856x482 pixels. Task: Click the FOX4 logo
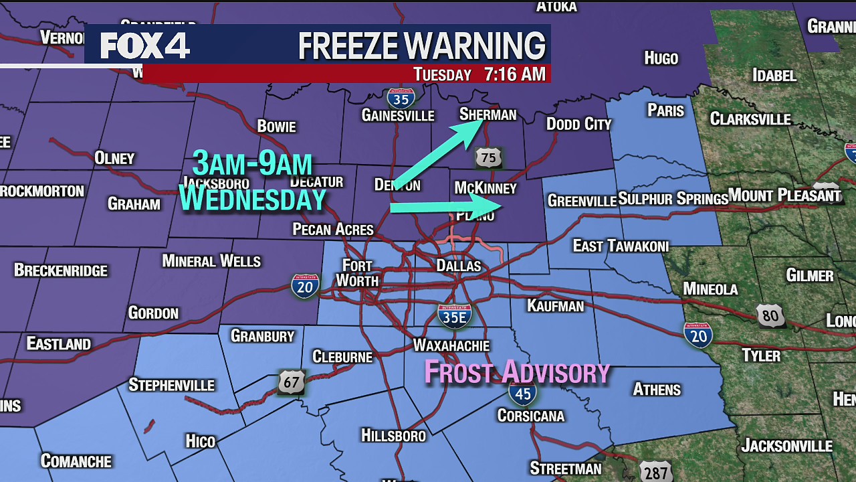pos(145,46)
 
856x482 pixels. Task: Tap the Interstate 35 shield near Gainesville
pos(401,98)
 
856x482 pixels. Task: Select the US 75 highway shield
pos(488,158)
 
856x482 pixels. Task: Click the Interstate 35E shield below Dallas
pos(455,315)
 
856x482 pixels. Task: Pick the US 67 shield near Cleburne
pos(292,382)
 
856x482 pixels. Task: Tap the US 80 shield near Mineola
pos(770,315)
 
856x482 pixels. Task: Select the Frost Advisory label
pos(517,372)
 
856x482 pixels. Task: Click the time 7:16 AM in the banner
pos(515,74)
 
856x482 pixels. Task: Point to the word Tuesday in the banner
pos(442,74)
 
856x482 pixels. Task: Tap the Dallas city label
pos(459,266)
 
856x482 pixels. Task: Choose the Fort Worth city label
pos(357,272)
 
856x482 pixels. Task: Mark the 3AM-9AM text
pos(252,163)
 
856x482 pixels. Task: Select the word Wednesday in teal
pos(252,199)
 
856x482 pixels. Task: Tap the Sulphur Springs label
pos(673,199)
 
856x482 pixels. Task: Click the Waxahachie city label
pos(451,345)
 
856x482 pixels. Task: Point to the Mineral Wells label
pos(211,261)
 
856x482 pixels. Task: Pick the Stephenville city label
pos(171,385)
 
